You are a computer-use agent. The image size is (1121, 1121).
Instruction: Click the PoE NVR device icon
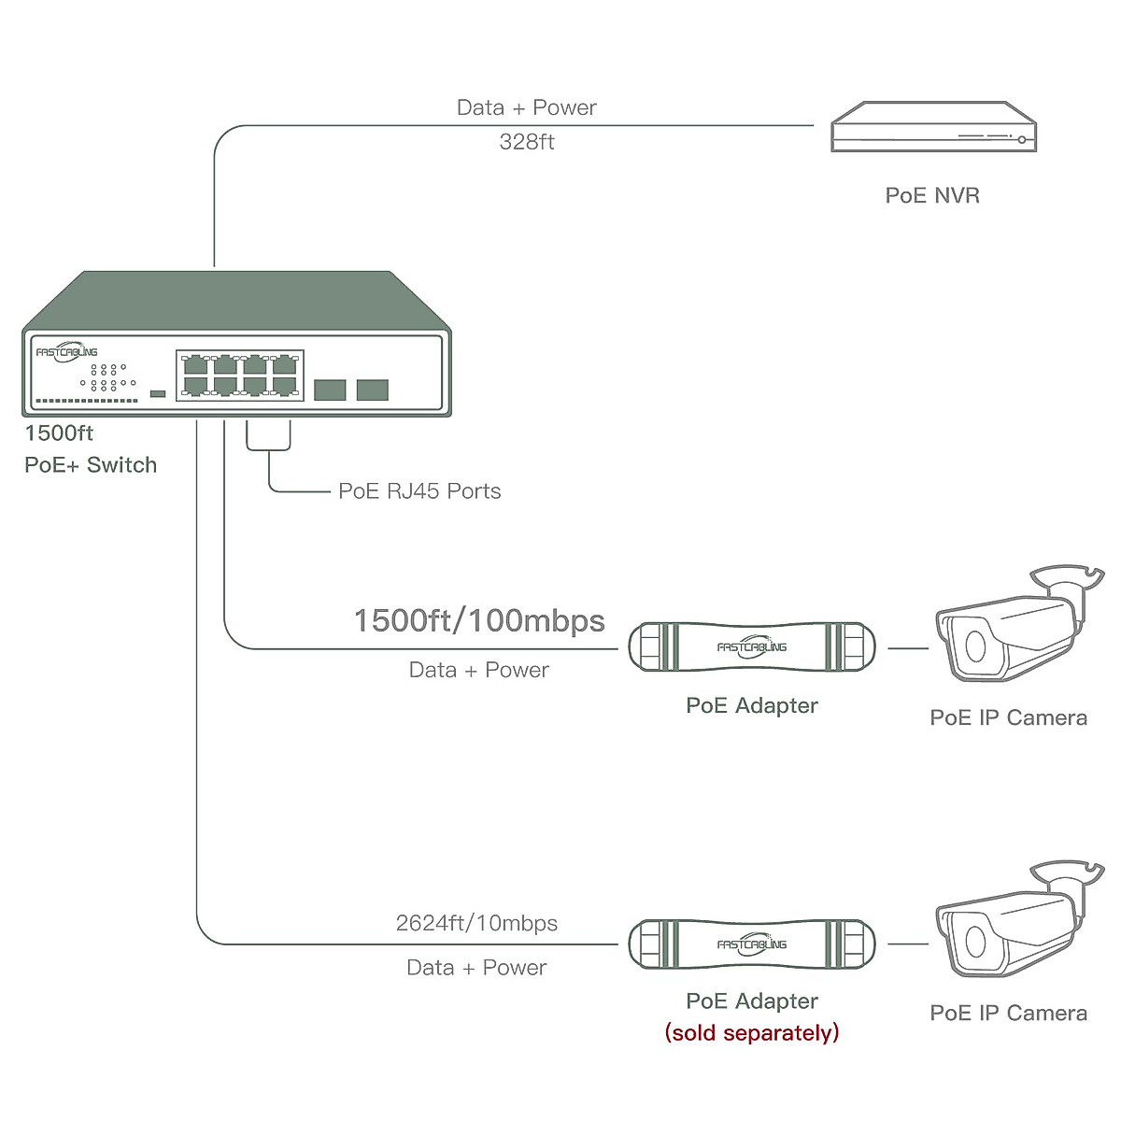pyautogui.click(x=934, y=127)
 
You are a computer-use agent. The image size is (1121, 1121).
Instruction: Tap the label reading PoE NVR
pyautogui.click(x=932, y=195)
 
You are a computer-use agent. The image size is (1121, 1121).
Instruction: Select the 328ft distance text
pyautogui.click(x=527, y=142)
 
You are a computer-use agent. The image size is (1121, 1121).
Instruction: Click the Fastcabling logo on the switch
pyautogui.click(x=66, y=352)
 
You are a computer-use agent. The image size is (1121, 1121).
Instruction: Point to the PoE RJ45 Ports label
pyautogui.click(x=419, y=491)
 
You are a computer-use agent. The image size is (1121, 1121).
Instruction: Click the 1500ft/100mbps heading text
pyautogui.click(x=479, y=621)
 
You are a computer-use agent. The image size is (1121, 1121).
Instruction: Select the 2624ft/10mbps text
pyautogui.click(x=476, y=923)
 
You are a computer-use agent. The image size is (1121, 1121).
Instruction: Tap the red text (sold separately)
pyautogui.click(x=752, y=1032)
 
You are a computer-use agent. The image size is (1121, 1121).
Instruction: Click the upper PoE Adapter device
pyautogui.click(x=752, y=646)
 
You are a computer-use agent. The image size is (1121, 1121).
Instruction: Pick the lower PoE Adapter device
pyautogui.click(x=752, y=944)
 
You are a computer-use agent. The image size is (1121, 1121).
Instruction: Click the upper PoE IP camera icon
pyautogui.click(x=1014, y=626)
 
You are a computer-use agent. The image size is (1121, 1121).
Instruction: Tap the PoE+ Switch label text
pyautogui.click(x=91, y=465)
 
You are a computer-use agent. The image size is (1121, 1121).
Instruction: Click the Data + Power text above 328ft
pyautogui.click(x=527, y=107)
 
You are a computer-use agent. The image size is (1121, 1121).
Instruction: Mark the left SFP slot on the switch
pyautogui.click(x=330, y=390)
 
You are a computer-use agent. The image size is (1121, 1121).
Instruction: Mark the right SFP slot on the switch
pyautogui.click(x=372, y=390)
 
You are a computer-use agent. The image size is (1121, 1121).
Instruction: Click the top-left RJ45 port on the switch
pyautogui.click(x=196, y=364)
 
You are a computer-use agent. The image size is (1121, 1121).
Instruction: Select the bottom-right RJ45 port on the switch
pyautogui.click(x=284, y=385)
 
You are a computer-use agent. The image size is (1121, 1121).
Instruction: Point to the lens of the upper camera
pyautogui.click(x=975, y=646)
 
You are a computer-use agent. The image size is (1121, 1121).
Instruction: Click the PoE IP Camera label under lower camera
pyautogui.click(x=1008, y=1014)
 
